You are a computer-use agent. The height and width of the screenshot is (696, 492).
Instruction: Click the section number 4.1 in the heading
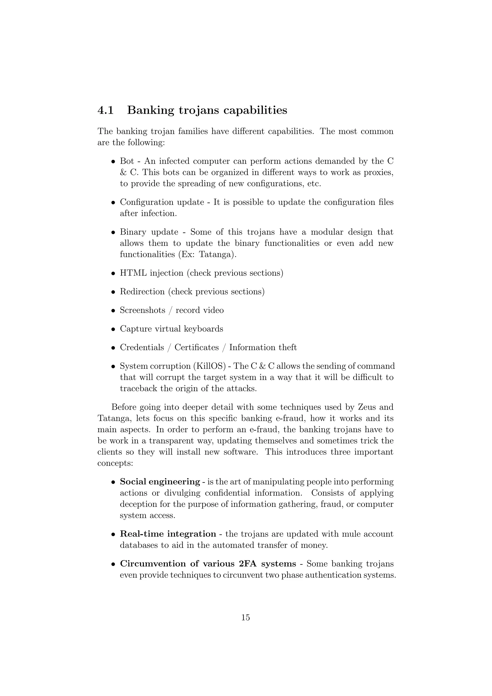point(105,110)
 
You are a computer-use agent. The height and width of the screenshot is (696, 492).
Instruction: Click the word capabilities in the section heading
point(255,110)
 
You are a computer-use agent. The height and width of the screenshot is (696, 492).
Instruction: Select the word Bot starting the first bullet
point(127,161)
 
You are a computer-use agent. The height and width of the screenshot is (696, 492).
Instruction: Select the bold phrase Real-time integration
point(168,534)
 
